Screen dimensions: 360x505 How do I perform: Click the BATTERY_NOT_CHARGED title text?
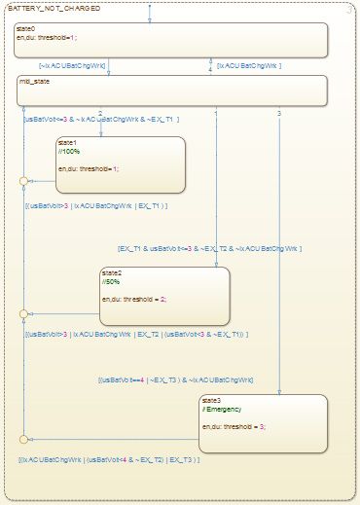point(46,8)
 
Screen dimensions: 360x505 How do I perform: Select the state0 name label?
point(26,30)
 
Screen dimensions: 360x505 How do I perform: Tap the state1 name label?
point(67,142)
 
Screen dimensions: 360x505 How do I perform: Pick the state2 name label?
point(112,273)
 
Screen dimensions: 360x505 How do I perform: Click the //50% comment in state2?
point(112,282)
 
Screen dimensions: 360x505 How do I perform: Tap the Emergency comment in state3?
point(225,409)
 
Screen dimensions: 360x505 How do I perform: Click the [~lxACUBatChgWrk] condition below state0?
point(71,66)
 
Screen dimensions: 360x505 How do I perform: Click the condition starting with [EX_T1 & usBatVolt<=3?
point(210,249)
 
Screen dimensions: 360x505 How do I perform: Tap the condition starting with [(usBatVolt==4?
point(175,379)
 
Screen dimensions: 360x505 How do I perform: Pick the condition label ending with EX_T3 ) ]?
point(109,458)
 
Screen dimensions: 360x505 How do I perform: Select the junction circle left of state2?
point(24,313)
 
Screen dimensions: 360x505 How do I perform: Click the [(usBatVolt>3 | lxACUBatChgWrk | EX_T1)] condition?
point(96,206)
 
